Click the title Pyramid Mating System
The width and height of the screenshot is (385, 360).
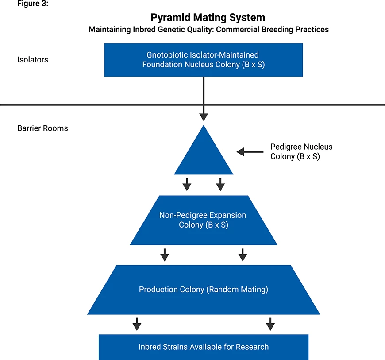(x=208, y=18)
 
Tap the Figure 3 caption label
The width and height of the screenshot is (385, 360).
(x=33, y=4)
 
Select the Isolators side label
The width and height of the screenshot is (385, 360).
(x=33, y=60)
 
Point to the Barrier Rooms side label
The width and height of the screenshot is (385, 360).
(x=42, y=128)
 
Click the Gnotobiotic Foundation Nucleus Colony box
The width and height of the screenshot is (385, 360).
(x=204, y=60)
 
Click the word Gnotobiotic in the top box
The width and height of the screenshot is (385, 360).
(x=167, y=55)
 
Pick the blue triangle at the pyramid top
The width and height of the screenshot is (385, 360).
(x=204, y=155)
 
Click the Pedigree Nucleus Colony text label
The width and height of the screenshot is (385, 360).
(x=301, y=151)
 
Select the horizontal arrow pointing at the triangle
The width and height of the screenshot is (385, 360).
(x=250, y=152)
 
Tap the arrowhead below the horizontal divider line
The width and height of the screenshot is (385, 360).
(x=204, y=117)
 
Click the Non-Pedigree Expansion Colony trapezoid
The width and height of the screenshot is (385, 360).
(x=204, y=220)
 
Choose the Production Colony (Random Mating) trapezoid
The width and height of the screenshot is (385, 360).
(x=204, y=290)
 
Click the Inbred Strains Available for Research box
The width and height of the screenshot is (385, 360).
(x=204, y=347)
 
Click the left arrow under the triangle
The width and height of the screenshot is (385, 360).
(x=187, y=185)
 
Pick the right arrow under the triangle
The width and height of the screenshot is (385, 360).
(x=220, y=185)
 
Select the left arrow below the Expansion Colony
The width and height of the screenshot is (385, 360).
(x=165, y=255)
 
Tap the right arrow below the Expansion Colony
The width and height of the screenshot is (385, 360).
(x=243, y=255)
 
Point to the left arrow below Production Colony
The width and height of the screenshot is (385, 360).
(x=137, y=324)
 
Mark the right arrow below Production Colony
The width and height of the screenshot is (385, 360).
(x=270, y=324)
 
